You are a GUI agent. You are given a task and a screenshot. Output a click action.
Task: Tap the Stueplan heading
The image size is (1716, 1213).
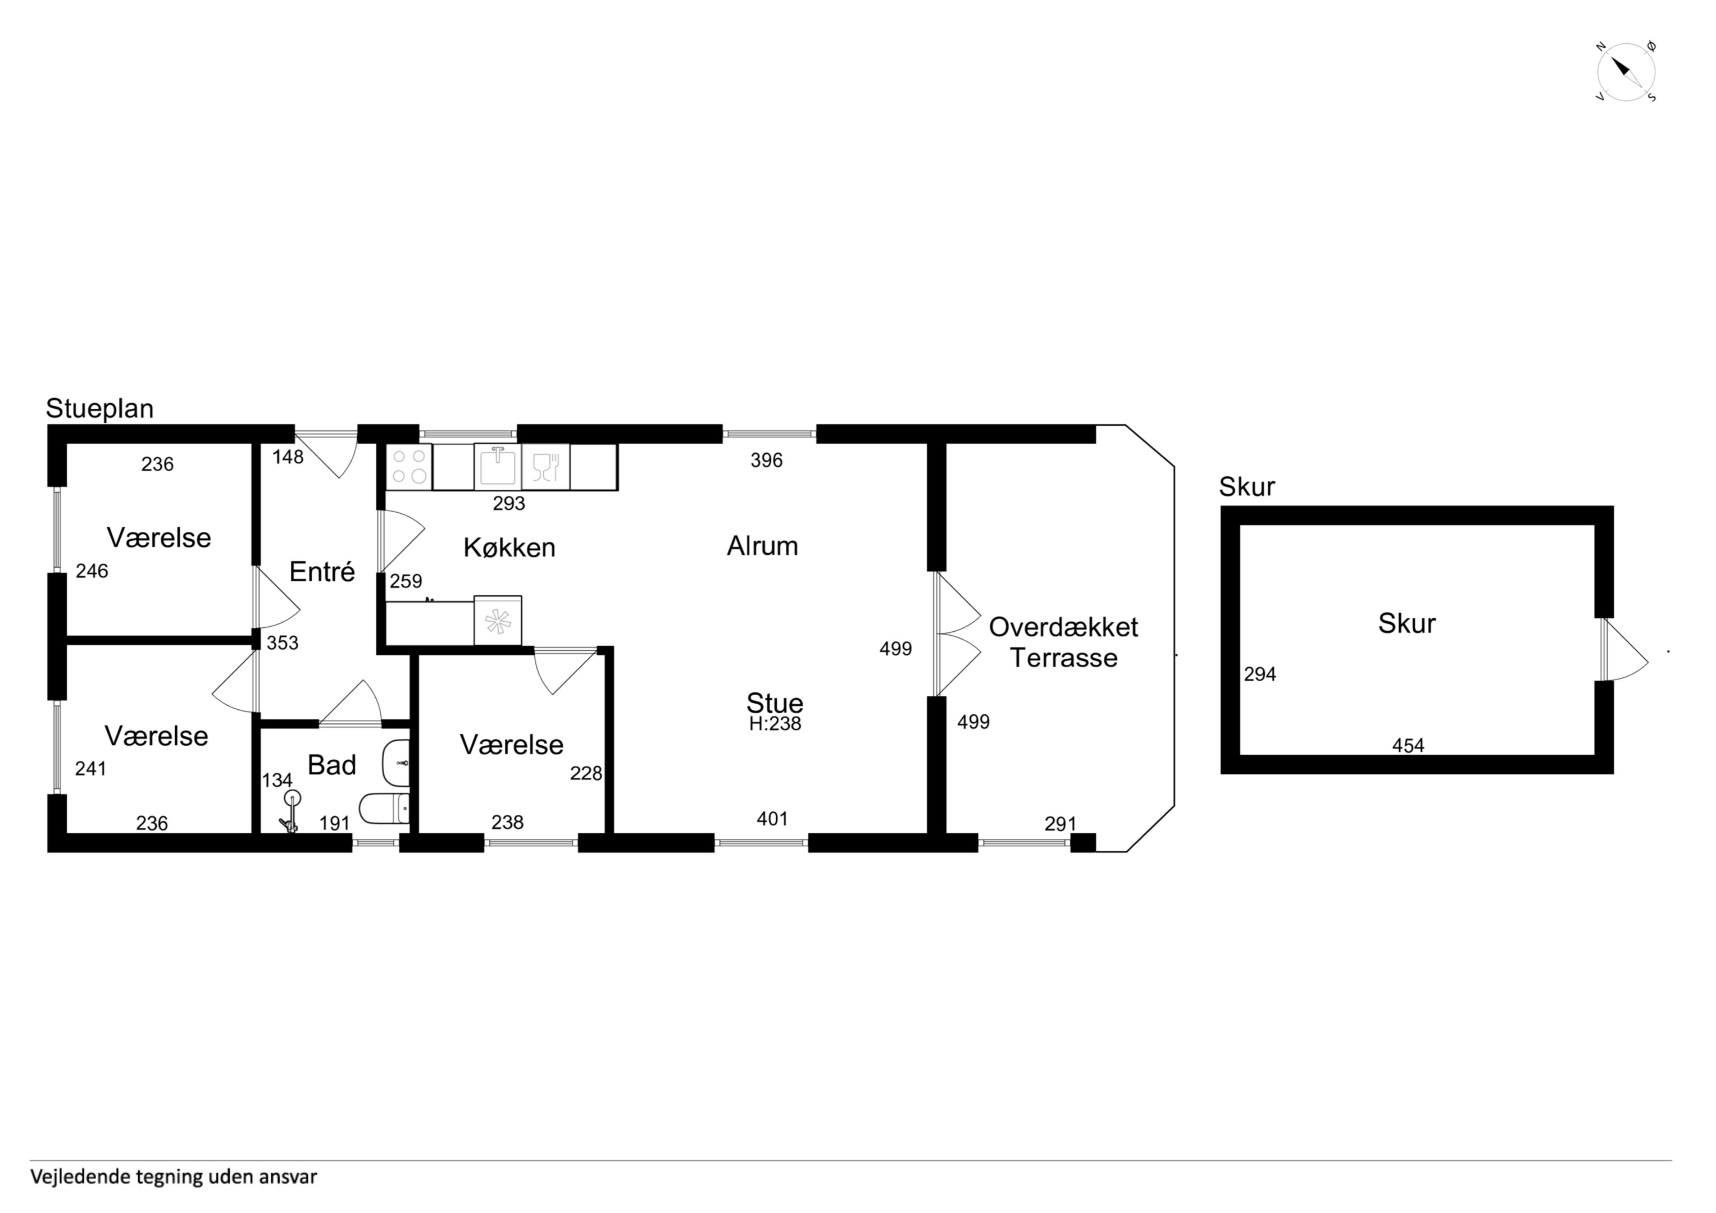pyautogui.click(x=99, y=409)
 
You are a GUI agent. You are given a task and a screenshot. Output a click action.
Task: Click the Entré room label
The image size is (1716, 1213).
pyautogui.click(x=322, y=572)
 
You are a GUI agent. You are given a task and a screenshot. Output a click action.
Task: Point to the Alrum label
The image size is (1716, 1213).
pyautogui.click(x=762, y=546)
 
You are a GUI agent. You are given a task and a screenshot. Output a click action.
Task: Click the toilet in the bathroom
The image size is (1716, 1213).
pyautogui.click(x=384, y=808)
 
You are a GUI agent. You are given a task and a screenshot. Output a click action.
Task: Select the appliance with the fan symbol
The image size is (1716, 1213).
pyautogui.click(x=498, y=621)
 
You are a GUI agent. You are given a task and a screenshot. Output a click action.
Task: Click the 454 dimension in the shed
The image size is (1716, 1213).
pyautogui.click(x=1408, y=745)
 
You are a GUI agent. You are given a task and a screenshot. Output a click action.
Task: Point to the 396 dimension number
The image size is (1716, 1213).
pyautogui.click(x=767, y=460)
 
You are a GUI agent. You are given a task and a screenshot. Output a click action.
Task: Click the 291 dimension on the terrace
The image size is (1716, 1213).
pyautogui.click(x=1060, y=824)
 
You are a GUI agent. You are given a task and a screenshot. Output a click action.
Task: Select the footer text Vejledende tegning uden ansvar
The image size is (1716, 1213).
pyautogui.click(x=174, y=1177)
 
